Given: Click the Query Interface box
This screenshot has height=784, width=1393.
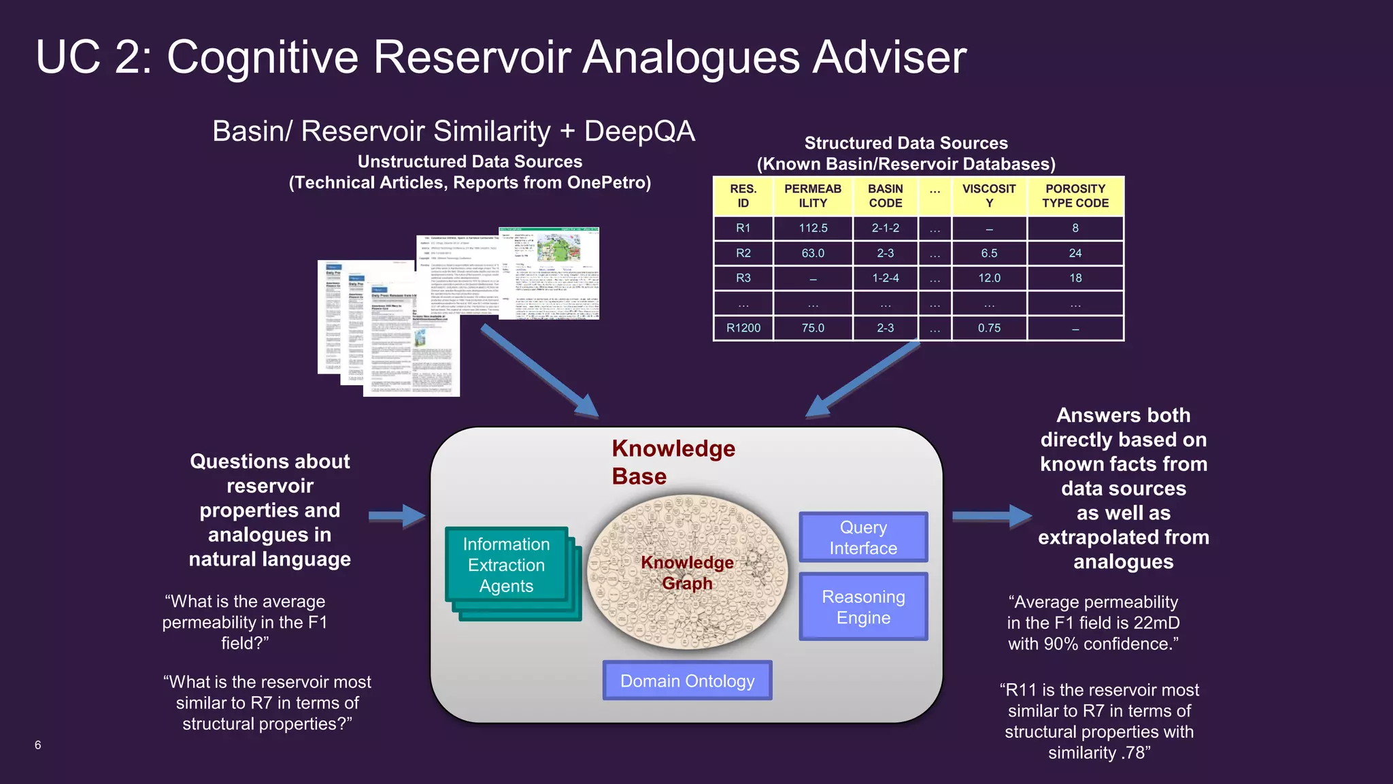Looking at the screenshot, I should [862, 538].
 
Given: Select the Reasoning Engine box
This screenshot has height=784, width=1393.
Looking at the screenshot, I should [862, 607].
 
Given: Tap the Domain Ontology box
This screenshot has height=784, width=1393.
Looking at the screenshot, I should [687, 681].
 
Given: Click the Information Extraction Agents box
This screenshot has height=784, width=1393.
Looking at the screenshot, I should [506, 565].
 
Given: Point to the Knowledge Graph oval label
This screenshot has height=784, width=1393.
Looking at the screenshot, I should [687, 573].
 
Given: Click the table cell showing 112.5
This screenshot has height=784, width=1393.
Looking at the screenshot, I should [813, 228].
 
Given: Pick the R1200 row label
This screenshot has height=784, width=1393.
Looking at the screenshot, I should [743, 328].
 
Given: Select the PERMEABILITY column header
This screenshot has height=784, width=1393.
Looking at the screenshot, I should [813, 196].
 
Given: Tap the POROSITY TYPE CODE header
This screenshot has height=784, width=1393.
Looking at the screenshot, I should [1075, 196].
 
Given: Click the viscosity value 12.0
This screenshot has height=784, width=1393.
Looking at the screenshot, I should [989, 278].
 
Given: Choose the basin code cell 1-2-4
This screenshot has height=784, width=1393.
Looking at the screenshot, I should [885, 278].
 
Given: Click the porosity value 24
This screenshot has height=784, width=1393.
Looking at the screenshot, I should [1075, 253].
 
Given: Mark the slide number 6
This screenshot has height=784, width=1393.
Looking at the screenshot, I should [38, 745].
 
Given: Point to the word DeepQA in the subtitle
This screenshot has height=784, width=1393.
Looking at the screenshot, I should [639, 131].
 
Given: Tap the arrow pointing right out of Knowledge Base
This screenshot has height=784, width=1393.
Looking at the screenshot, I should [991, 517].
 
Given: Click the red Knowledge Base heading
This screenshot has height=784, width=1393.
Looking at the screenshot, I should [673, 462].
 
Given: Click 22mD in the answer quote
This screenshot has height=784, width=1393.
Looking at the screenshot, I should [1156, 623].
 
